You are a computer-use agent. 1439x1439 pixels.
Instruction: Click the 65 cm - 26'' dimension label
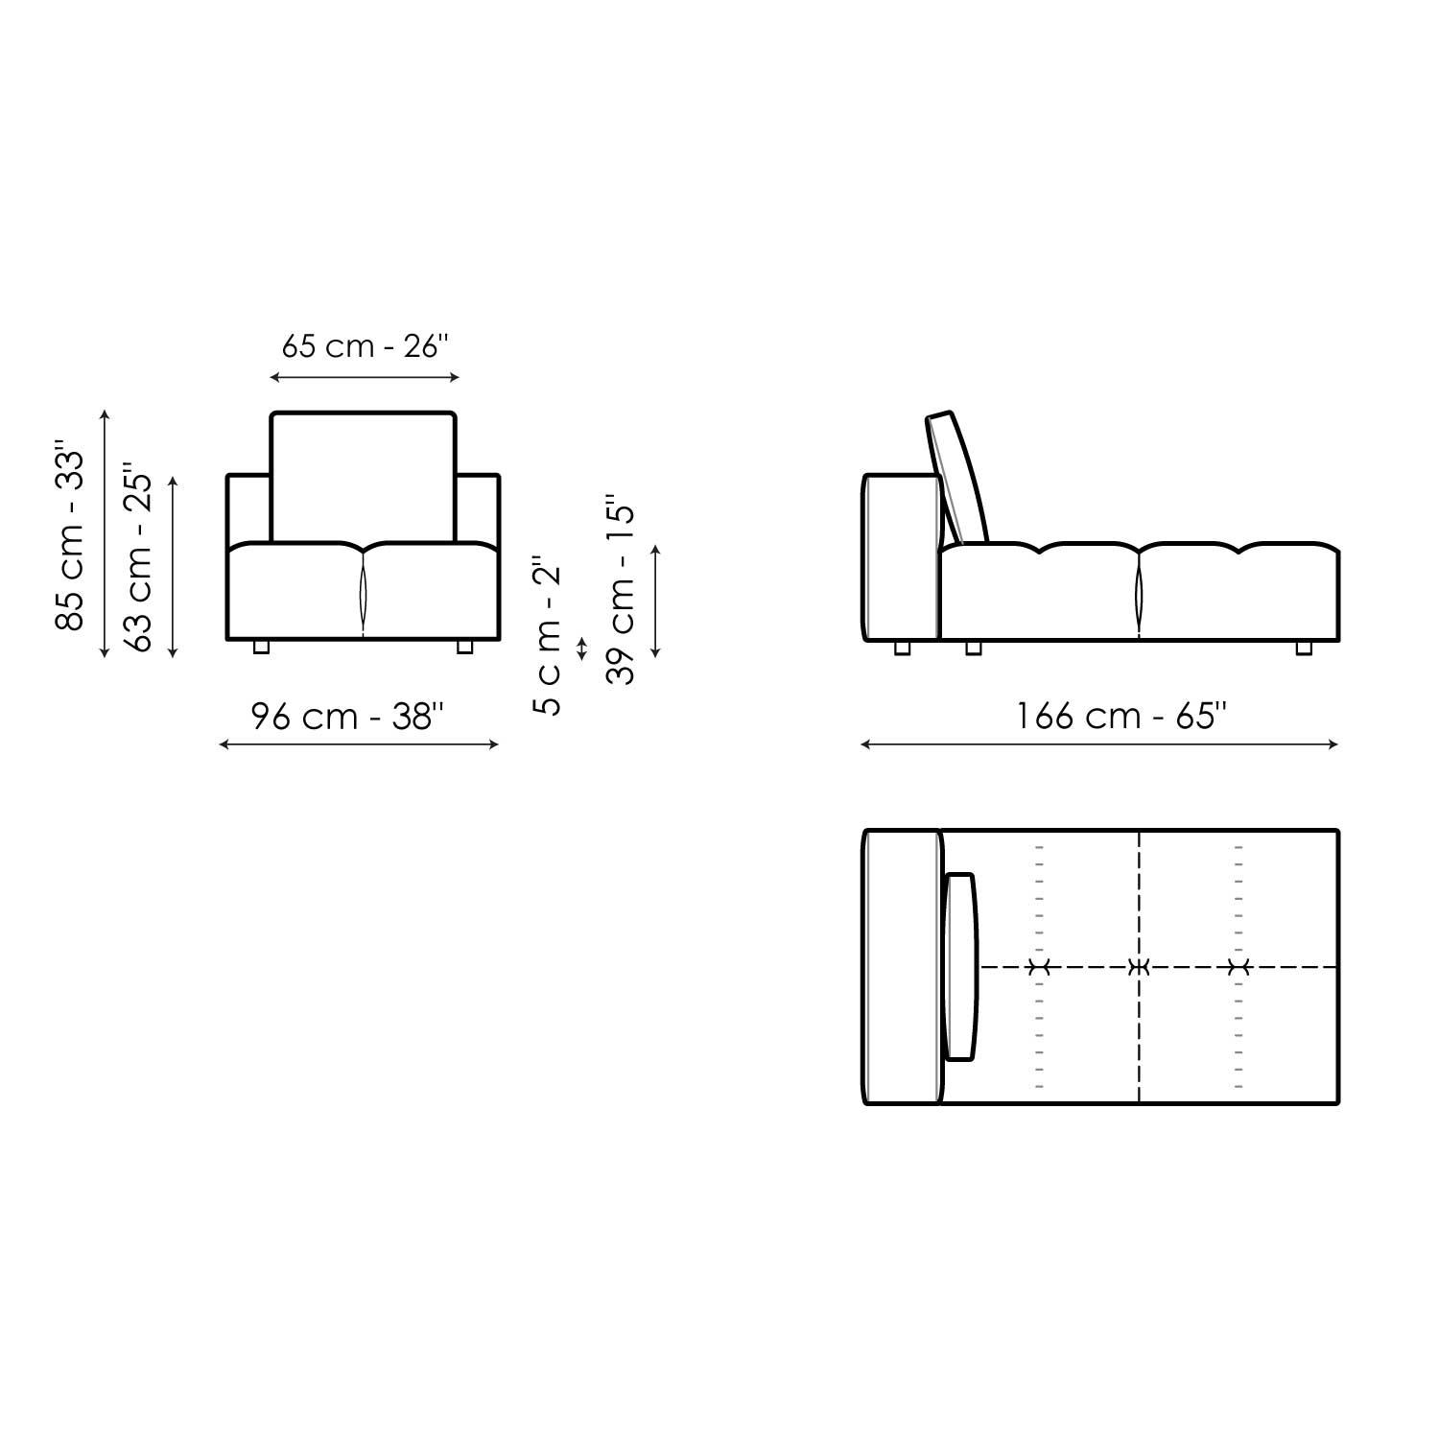[x=365, y=345]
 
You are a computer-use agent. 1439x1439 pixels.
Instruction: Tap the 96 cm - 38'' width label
[x=347, y=717]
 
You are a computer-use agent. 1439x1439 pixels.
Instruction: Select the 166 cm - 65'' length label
[x=1121, y=717]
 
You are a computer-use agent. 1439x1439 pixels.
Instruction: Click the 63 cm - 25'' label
[x=139, y=561]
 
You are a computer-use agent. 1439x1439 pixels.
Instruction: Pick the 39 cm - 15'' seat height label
[x=622, y=590]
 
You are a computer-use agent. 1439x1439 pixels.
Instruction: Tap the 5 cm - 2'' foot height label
[x=549, y=635]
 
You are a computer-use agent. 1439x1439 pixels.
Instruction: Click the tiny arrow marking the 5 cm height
[x=580, y=649]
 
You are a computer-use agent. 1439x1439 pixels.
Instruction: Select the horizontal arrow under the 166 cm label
[x=1099, y=744]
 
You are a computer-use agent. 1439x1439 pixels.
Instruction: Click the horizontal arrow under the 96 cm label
[x=359, y=744]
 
